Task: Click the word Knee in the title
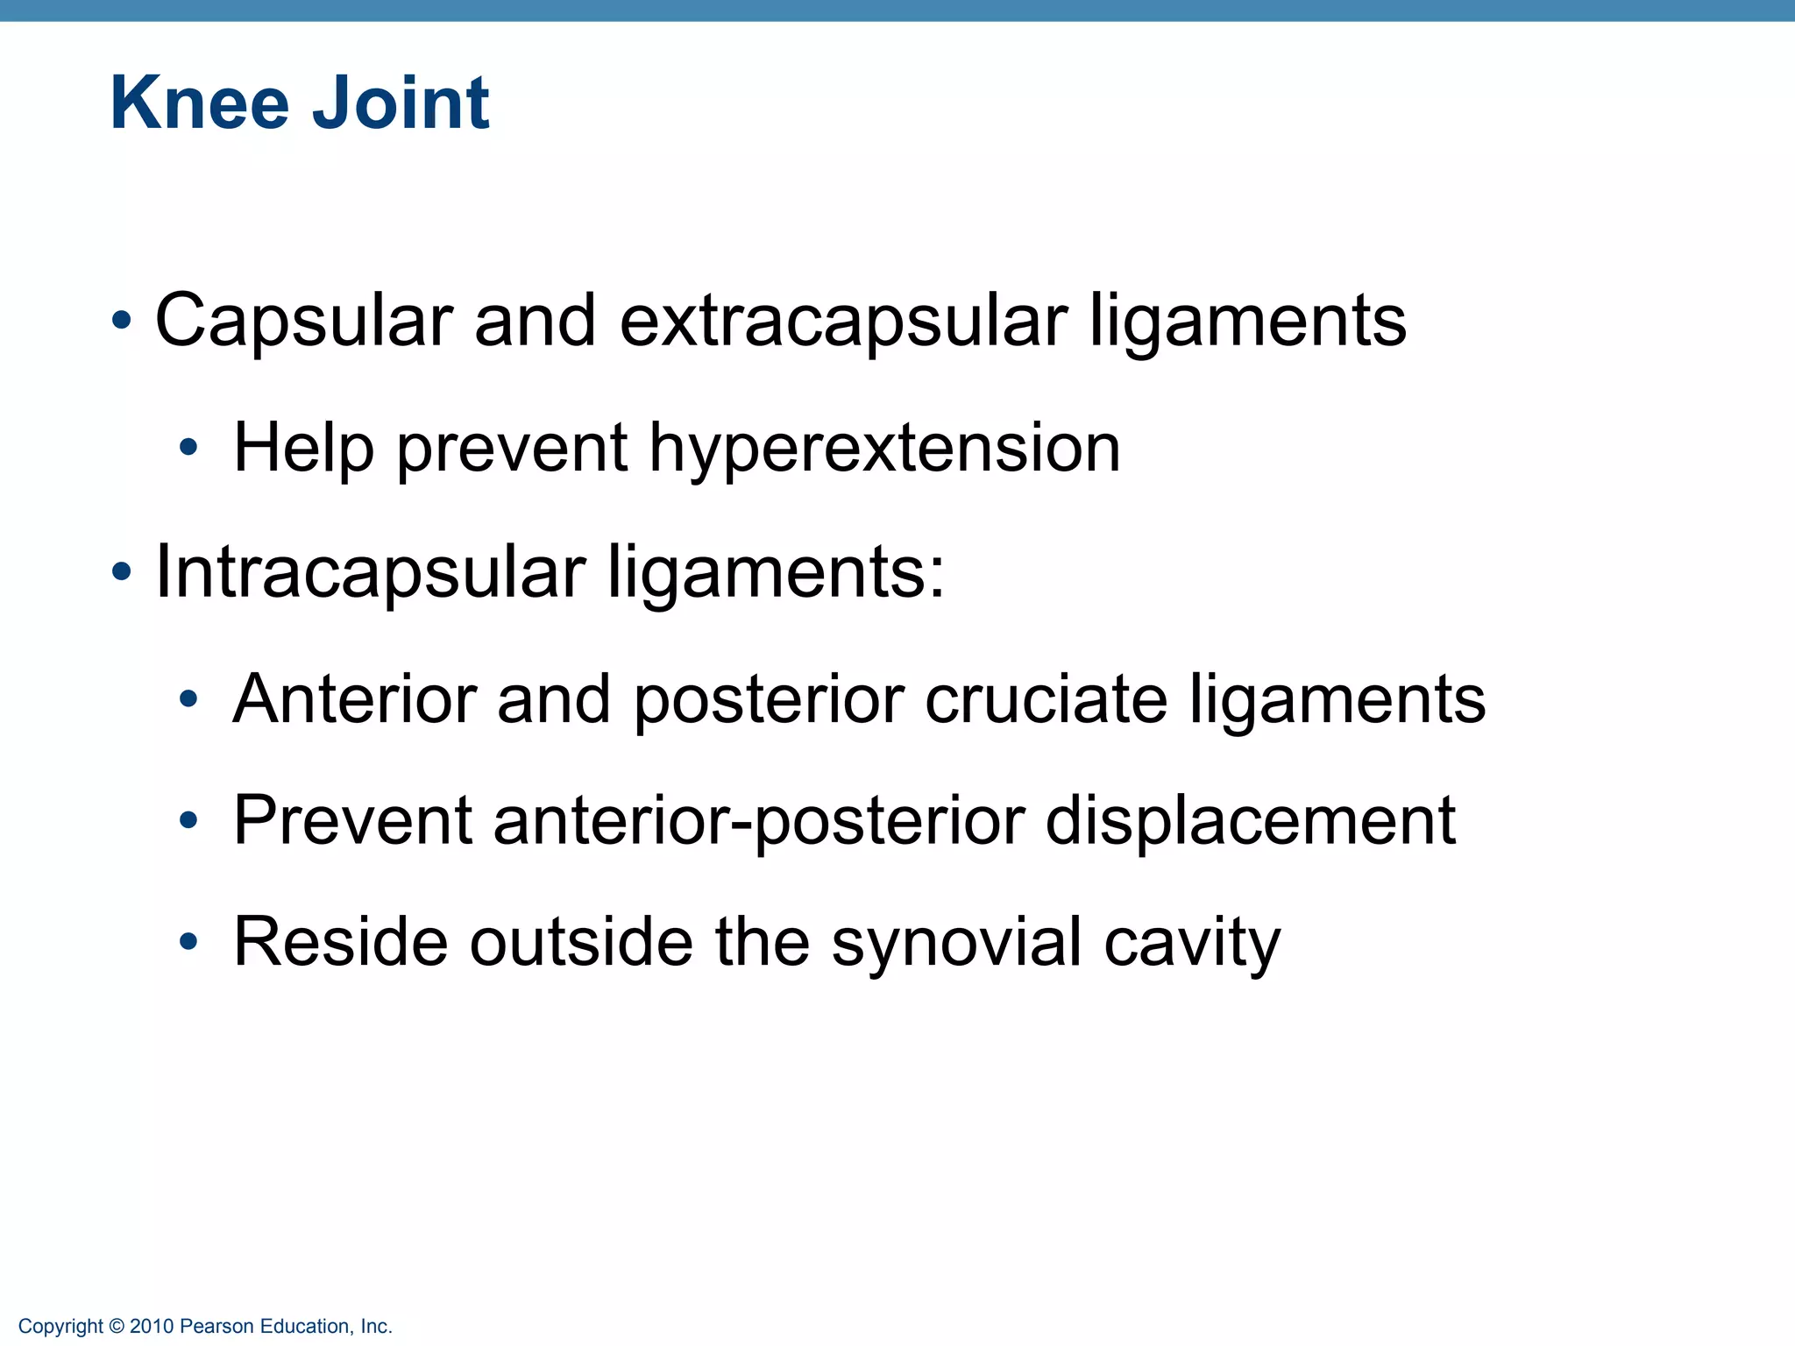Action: click(x=199, y=103)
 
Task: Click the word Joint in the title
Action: click(x=401, y=103)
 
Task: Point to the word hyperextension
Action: click(x=884, y=449)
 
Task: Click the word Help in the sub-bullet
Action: click(x=303, y=449)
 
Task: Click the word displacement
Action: click(x=1251, y=821)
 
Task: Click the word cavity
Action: click(x=1192, y=942)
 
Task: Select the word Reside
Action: click(x=339, y=942)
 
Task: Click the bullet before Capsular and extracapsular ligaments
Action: click(x=121, y=321)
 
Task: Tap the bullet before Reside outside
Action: click(x=188, y=943)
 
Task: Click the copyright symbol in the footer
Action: click(x=117, y=1327)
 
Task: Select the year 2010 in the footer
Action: click(x=152, y=1327)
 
